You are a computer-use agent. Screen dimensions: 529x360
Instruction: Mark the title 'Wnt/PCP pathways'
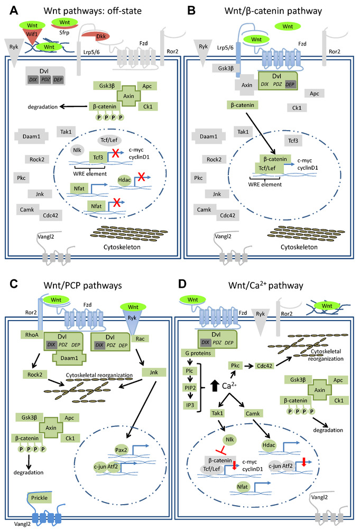click(x=84, y=285)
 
